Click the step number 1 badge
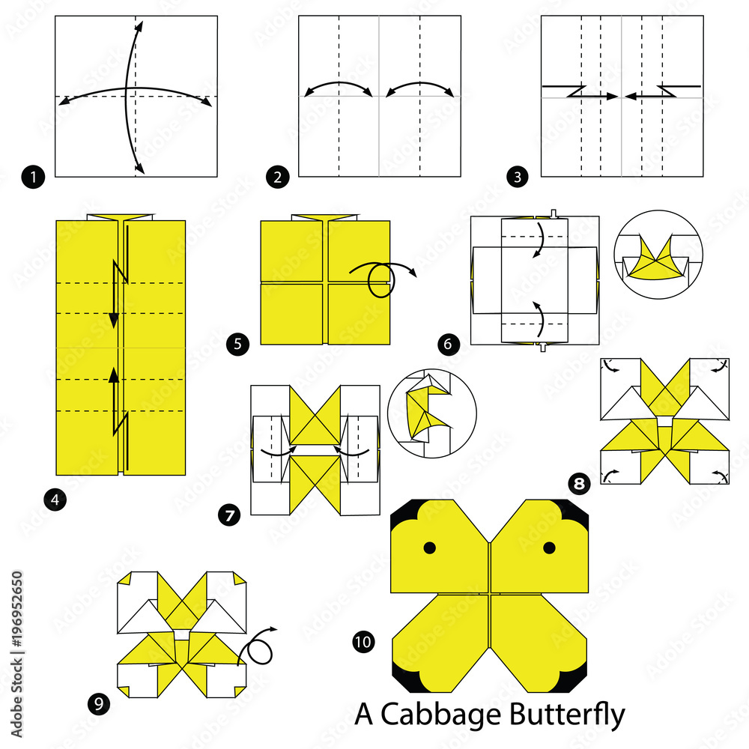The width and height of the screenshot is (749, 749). point(34,178)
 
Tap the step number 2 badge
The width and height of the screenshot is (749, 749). point(277,178)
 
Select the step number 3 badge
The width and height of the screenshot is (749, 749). point(516,178)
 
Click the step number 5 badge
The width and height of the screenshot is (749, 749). point(237,345)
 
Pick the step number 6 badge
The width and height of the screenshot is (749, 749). point(448,345)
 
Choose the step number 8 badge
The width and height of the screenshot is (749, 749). point(578,484)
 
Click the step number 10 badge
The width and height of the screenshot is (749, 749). point(363,641)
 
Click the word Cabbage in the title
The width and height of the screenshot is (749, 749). point(428,716)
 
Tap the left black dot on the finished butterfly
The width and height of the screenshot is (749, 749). point(429,548)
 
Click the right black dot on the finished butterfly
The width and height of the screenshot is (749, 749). point(549,548)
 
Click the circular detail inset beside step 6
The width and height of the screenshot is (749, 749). point(657,255)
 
